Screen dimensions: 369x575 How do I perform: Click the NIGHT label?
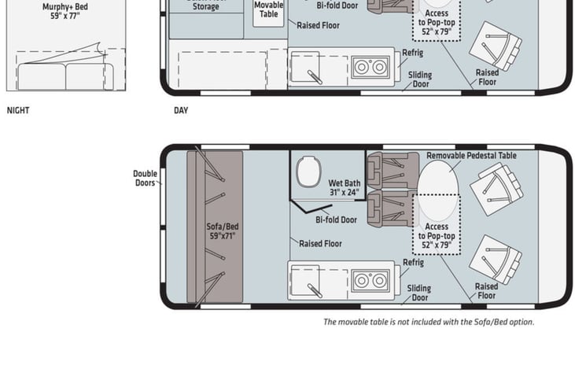click(x=18, y=110)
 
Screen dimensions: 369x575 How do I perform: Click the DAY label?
click(x=181, y=110)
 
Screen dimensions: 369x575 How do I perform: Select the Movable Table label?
click(x=269, y=9)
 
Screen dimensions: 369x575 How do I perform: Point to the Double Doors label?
click(x=145, y=179)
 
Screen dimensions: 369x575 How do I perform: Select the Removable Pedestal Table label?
click(x=471, y=156)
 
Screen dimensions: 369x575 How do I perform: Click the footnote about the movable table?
click(x=429, y=322)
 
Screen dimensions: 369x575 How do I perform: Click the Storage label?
click(x=205, y=7)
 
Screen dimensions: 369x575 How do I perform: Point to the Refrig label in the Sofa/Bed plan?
click(x=413, y=263)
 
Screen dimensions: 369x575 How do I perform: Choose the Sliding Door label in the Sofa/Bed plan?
click(x=419, y=293)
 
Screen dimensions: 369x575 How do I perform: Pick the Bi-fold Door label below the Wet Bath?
click(x=336, y=220)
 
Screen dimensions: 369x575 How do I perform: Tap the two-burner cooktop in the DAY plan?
click(x=366, y=66)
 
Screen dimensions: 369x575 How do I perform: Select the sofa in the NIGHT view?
click(x=66, y=76)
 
